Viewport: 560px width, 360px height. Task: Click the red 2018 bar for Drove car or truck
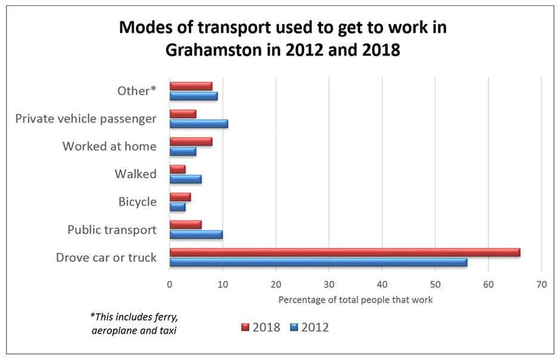[344, 252]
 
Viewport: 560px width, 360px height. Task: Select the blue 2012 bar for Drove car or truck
[318, 262]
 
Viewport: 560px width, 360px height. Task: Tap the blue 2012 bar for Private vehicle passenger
[198, 124]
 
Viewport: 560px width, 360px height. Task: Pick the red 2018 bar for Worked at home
[191, 142]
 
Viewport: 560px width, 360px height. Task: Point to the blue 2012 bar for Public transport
[196, 234]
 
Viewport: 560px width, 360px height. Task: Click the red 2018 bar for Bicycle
[180, 197]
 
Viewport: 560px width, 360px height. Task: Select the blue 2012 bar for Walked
[185, 179]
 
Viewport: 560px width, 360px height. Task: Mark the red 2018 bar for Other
[191, 86]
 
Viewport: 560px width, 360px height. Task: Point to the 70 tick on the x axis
[541, 284]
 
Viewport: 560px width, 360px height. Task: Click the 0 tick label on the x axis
[170, 284]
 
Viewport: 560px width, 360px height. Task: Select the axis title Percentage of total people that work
[355, 300]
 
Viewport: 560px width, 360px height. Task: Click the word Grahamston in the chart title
[224, 51]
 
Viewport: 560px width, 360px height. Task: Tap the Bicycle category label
[137, 201]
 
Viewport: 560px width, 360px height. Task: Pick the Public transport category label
[112, 229]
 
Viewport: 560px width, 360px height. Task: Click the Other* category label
[136, 91]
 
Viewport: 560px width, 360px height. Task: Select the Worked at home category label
[109, 146]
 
